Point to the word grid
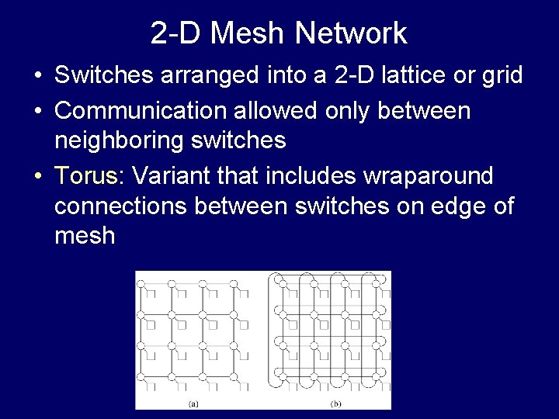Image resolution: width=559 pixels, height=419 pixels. tap(498, 75)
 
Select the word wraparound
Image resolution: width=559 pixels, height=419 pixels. tap(428, 176)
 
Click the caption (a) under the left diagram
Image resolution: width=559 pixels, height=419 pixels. tap(193, 403)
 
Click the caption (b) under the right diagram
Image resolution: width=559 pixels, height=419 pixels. tap(336, 403)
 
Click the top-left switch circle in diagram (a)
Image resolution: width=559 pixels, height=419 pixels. tap(141, 284)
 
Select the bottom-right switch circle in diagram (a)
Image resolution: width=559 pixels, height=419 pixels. tap(233, 377)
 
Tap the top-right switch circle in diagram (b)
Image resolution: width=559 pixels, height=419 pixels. tap(377, 284)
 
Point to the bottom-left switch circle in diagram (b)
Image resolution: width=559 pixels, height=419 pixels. tap(283, 377)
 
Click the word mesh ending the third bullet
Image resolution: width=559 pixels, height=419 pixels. tap(85, 236)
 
